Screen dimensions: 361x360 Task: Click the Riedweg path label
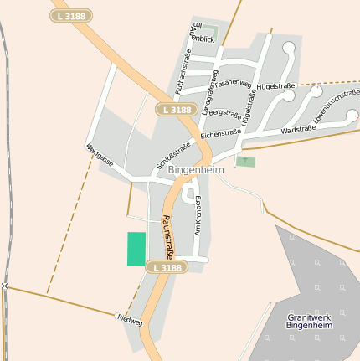131,320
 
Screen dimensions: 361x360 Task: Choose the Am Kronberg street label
199,215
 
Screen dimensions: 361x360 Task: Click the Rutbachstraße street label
183,70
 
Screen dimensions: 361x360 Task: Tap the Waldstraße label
298,129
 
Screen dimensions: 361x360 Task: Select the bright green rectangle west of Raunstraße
136,249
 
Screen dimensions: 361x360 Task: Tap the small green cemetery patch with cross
244,161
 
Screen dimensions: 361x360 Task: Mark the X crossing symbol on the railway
4,286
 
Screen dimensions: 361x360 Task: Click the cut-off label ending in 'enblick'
203,39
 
